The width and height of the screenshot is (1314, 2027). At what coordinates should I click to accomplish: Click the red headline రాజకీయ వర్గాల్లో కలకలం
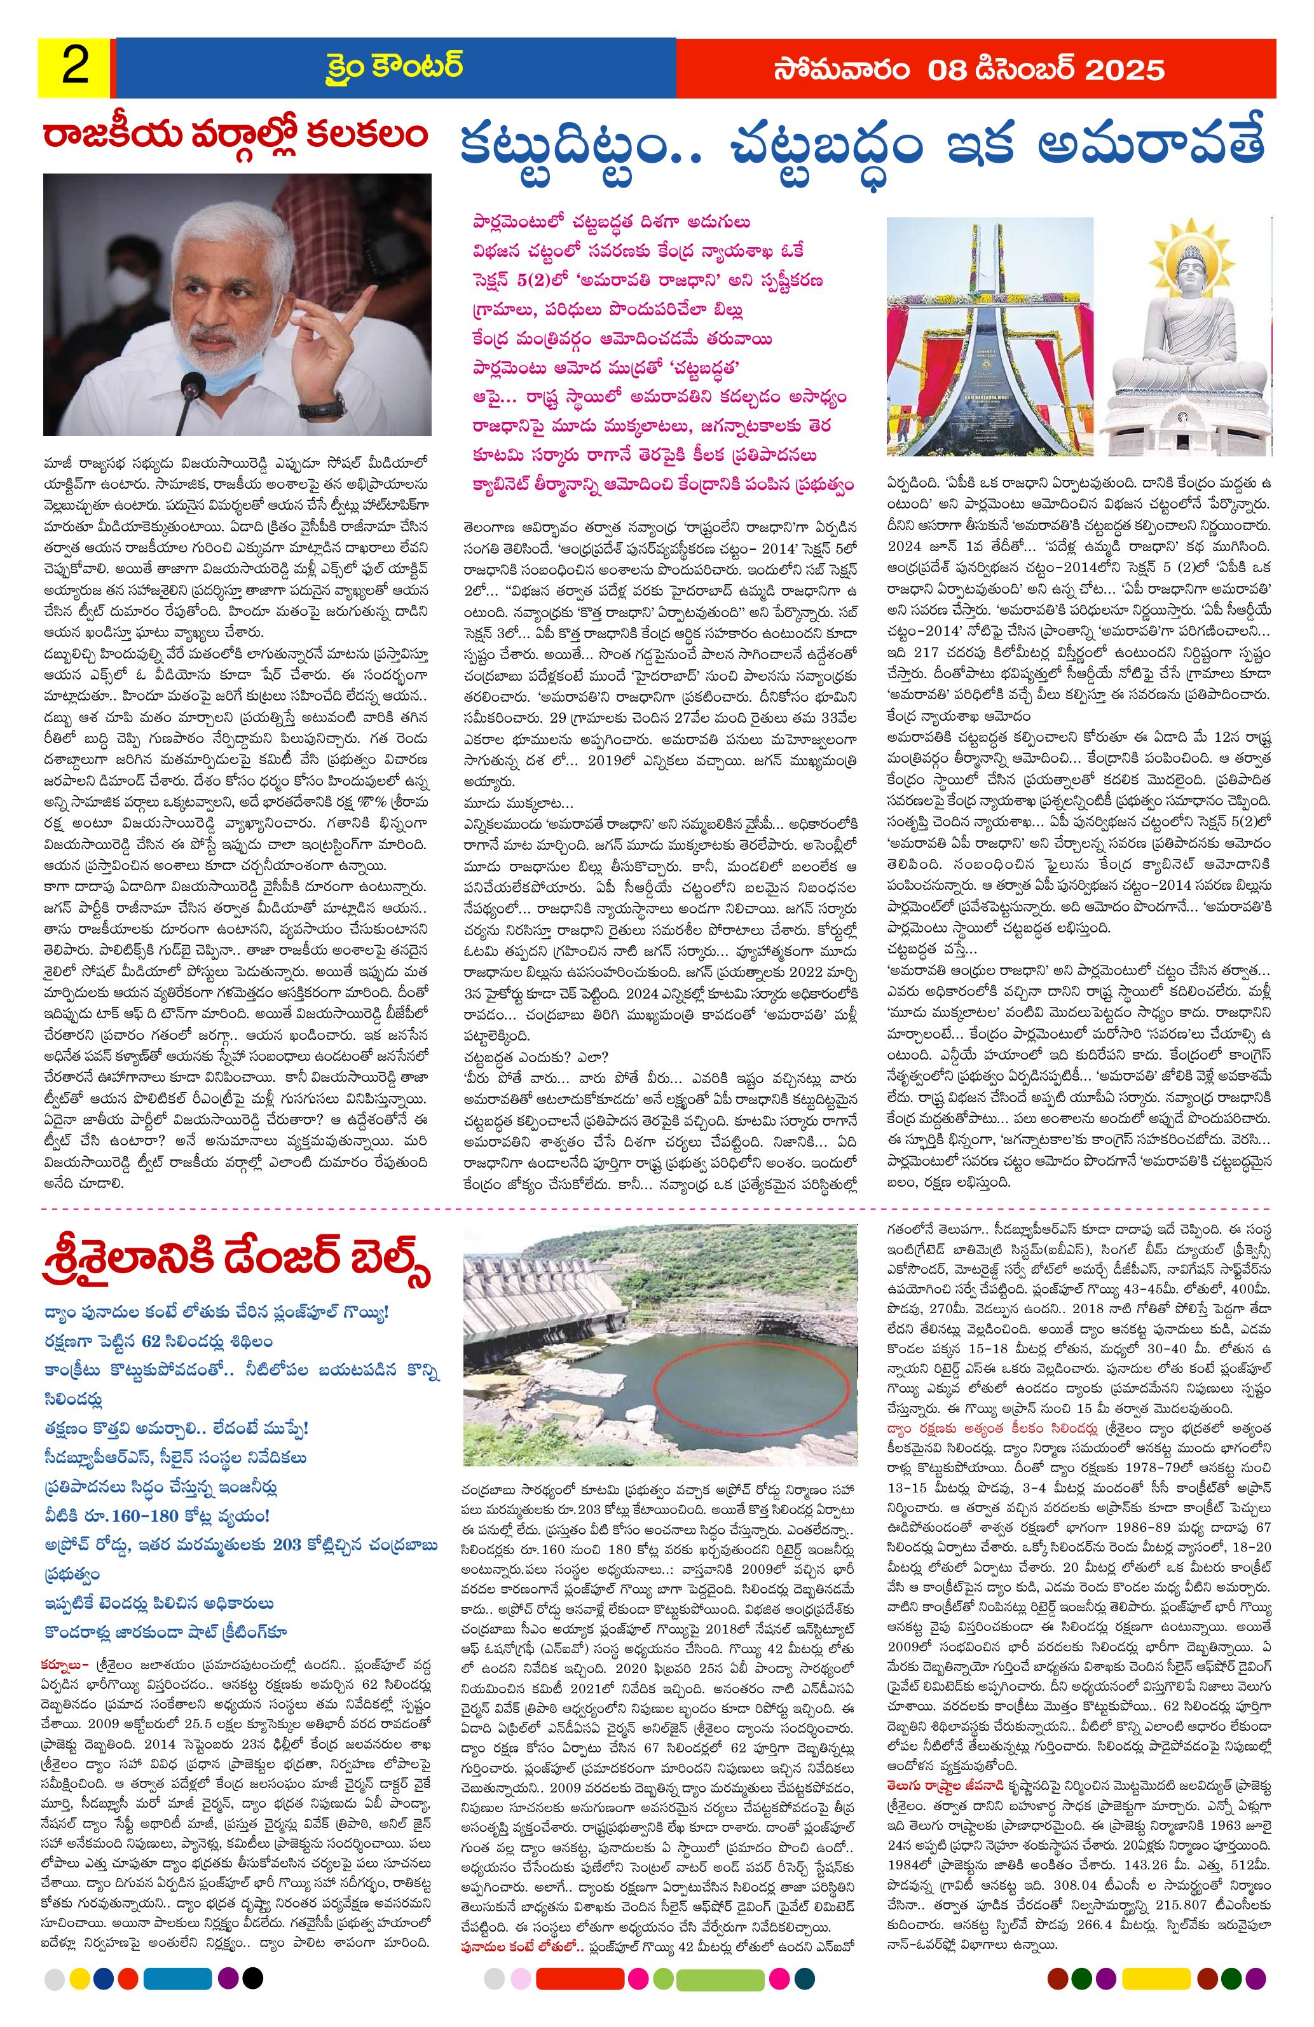(236, 136)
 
